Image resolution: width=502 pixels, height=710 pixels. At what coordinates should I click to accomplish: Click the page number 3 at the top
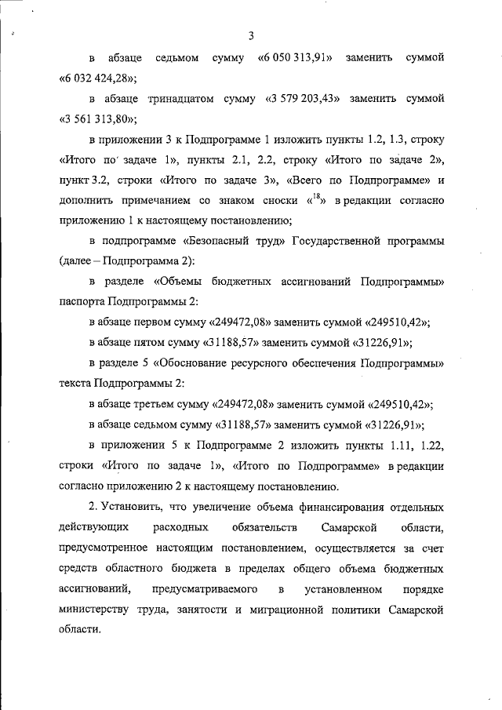click(250, 35)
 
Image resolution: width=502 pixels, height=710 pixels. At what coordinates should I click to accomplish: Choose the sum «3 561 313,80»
click(98, 120)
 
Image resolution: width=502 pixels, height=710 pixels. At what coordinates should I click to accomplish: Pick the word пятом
click(163, 342)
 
